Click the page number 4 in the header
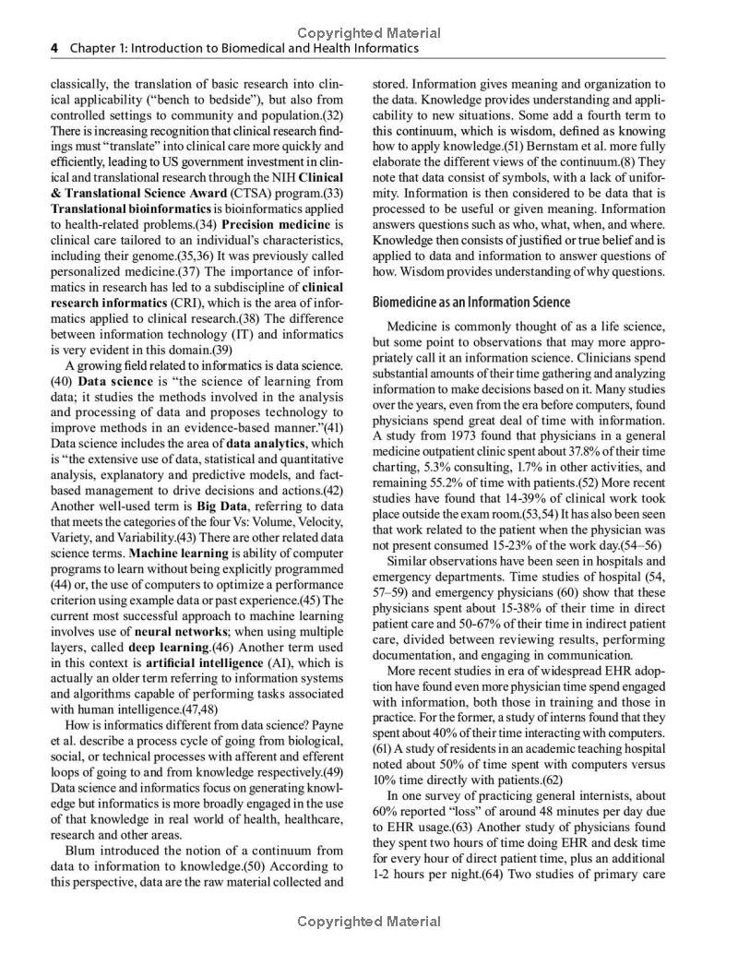click(54, 48)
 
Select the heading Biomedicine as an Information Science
click(470, 302)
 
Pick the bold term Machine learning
click(178, 554)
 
